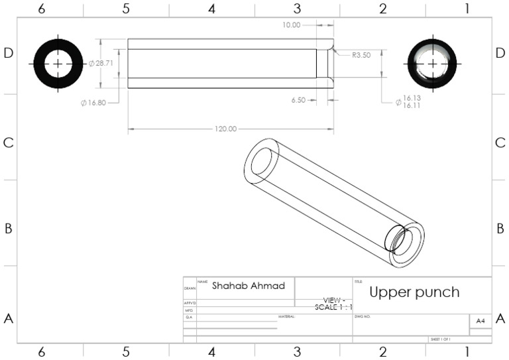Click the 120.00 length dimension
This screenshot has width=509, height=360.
click(225, 129)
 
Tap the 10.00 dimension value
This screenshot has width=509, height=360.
click(291, 25)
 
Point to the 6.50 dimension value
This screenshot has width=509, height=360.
click(298, 100)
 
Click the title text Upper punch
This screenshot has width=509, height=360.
click(414, 292)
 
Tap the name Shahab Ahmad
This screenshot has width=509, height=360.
click(249, 286)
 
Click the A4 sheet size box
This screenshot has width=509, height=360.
click(480, 321)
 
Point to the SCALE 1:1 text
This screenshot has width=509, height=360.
click(333, 308)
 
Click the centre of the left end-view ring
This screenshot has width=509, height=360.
click(58, 64)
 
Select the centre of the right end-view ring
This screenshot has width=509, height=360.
click(432, 64)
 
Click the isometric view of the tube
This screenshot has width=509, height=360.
click(334, 202)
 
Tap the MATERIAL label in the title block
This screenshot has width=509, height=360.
click(286, 317)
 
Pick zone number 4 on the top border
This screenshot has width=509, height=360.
click(211, 9)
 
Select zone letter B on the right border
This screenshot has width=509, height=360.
click(500, 229)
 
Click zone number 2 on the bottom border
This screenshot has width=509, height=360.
click(382, 352)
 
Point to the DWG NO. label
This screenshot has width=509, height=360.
click(361, 317)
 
